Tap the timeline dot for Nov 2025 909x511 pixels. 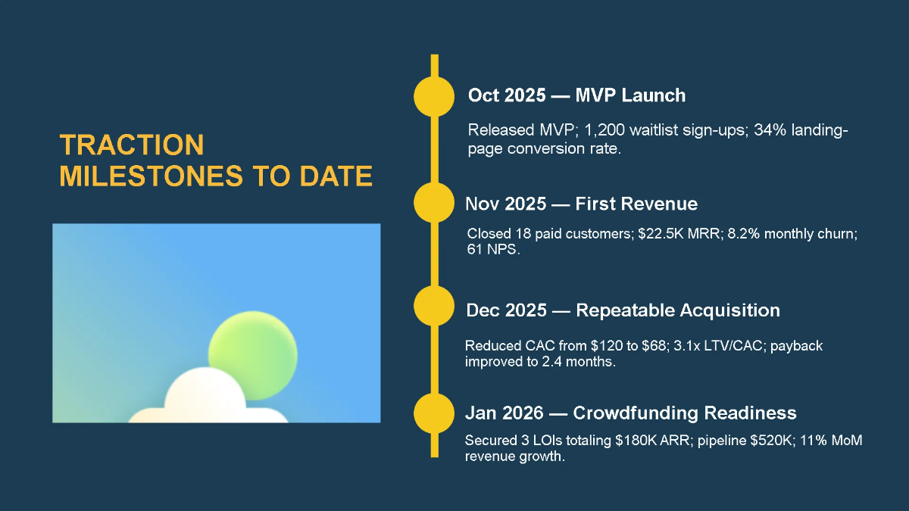coord(433,202)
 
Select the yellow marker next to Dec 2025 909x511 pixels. coord(433,307)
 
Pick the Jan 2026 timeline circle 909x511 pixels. coord(433,413)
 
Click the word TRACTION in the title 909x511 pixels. coord(132,145)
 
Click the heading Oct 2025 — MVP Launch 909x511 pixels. coord(576,95)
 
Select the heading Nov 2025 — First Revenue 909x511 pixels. coord(581,204)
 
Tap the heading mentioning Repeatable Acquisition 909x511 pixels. coord(623,310)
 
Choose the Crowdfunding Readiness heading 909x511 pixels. coord(630,413)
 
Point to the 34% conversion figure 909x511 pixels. coord(771,131)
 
